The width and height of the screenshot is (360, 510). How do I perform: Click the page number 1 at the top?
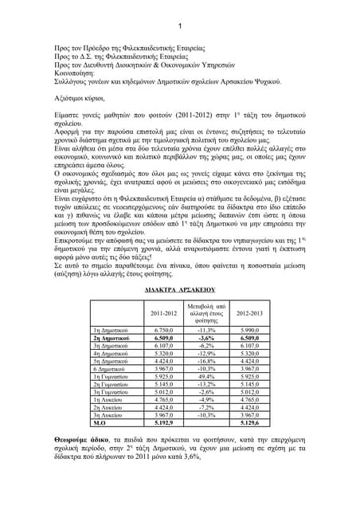point(180,25)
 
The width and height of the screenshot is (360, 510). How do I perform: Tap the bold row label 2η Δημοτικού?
point(113,338)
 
